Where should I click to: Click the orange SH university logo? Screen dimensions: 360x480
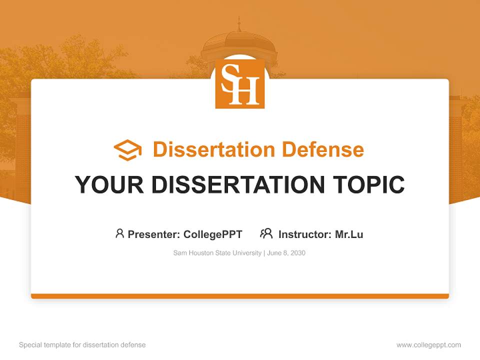(x=240, y=83)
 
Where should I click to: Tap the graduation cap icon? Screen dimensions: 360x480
(x=127, y=150)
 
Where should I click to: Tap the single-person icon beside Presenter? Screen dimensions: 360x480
(x=119, y=233)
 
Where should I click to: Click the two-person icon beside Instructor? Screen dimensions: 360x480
(x=266, y=233)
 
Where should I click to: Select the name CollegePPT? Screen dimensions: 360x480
(x=212, y=234)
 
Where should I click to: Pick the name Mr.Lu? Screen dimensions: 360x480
(x=349, y=234)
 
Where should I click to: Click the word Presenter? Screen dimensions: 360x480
(x=154, y=234)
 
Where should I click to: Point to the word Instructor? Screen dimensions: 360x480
(x=305, y=234)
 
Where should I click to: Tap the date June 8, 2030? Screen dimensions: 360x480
(x=286, y=253)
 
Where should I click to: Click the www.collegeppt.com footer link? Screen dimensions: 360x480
(x=428, y=345)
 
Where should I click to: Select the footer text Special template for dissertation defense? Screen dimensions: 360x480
(x=82, y=345)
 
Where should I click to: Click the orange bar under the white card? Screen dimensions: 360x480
(x=240, y=296)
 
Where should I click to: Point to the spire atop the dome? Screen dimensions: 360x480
(x=239, y=22)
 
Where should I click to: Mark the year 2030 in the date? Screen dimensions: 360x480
(x=297, y=253)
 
